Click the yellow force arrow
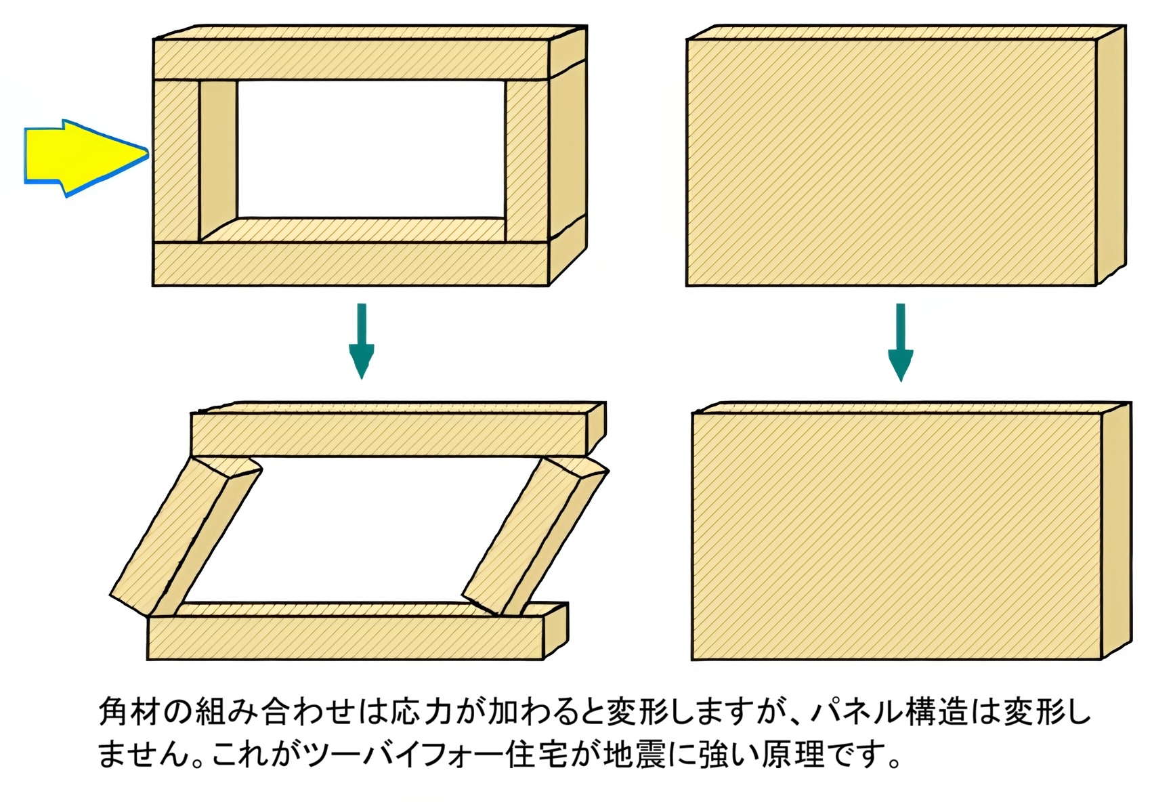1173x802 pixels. (x=85, y=157)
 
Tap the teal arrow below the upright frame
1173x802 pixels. (x=362, y=341)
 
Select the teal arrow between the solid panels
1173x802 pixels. (x=900, y=342)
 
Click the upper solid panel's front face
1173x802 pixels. (x=891, y=163)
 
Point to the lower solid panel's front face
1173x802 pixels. (x=897, y=536)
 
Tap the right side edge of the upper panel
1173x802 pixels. (x=1111, y=156)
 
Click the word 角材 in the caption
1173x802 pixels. (x=129, y=711)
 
